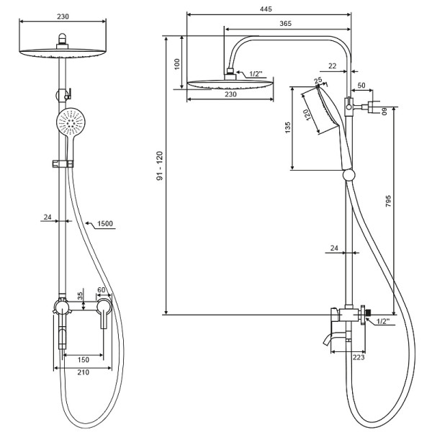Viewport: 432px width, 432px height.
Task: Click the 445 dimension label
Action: (266, 9)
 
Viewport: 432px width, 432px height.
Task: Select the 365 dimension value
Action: (285, 24)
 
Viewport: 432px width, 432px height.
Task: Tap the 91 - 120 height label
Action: (160, 166)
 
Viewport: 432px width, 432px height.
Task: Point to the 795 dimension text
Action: (388, 201)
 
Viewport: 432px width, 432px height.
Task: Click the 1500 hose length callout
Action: (105, 223)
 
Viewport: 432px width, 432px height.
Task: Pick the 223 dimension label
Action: (359, 357)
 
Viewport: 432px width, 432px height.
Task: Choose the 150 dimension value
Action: (84, 360)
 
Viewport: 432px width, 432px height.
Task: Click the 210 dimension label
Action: (84, 372)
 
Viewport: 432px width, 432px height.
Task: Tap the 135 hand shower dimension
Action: (287, 127)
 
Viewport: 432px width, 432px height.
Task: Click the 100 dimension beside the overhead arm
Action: (177, 64)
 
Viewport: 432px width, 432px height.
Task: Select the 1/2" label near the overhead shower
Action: (256, 74)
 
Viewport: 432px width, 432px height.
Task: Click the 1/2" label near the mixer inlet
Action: (383, 321)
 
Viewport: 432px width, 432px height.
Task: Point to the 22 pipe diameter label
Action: (333, 66)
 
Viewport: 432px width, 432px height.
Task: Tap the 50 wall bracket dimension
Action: (361, 85)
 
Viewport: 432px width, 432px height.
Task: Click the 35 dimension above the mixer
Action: (80, 296)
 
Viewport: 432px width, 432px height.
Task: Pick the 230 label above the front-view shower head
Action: (63, 17)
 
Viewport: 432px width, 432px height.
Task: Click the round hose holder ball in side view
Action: (348, 175)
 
